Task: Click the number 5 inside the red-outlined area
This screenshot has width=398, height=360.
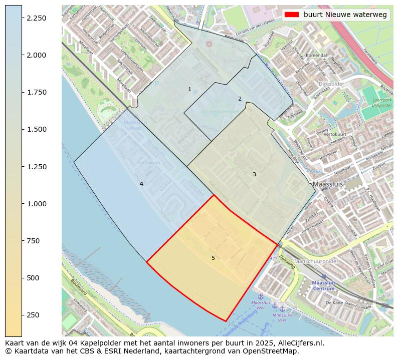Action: [x=213, y=258]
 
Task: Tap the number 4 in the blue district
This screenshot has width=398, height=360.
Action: [x=141, y=184]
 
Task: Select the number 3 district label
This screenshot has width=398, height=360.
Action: [x=254, y=174]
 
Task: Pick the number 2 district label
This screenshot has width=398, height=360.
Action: [x=240, y=99]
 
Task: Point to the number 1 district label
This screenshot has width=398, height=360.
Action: [x=189, y=90]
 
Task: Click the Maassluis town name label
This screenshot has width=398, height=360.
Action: [x=327, y=184]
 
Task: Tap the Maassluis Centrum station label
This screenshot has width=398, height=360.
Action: [x=323, y=285]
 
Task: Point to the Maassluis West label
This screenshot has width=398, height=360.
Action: [x=132, y=125]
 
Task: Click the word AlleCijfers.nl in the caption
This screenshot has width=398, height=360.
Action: [x=298, y=343]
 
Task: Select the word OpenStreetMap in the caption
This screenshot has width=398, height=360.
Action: [x=273, y=351]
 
